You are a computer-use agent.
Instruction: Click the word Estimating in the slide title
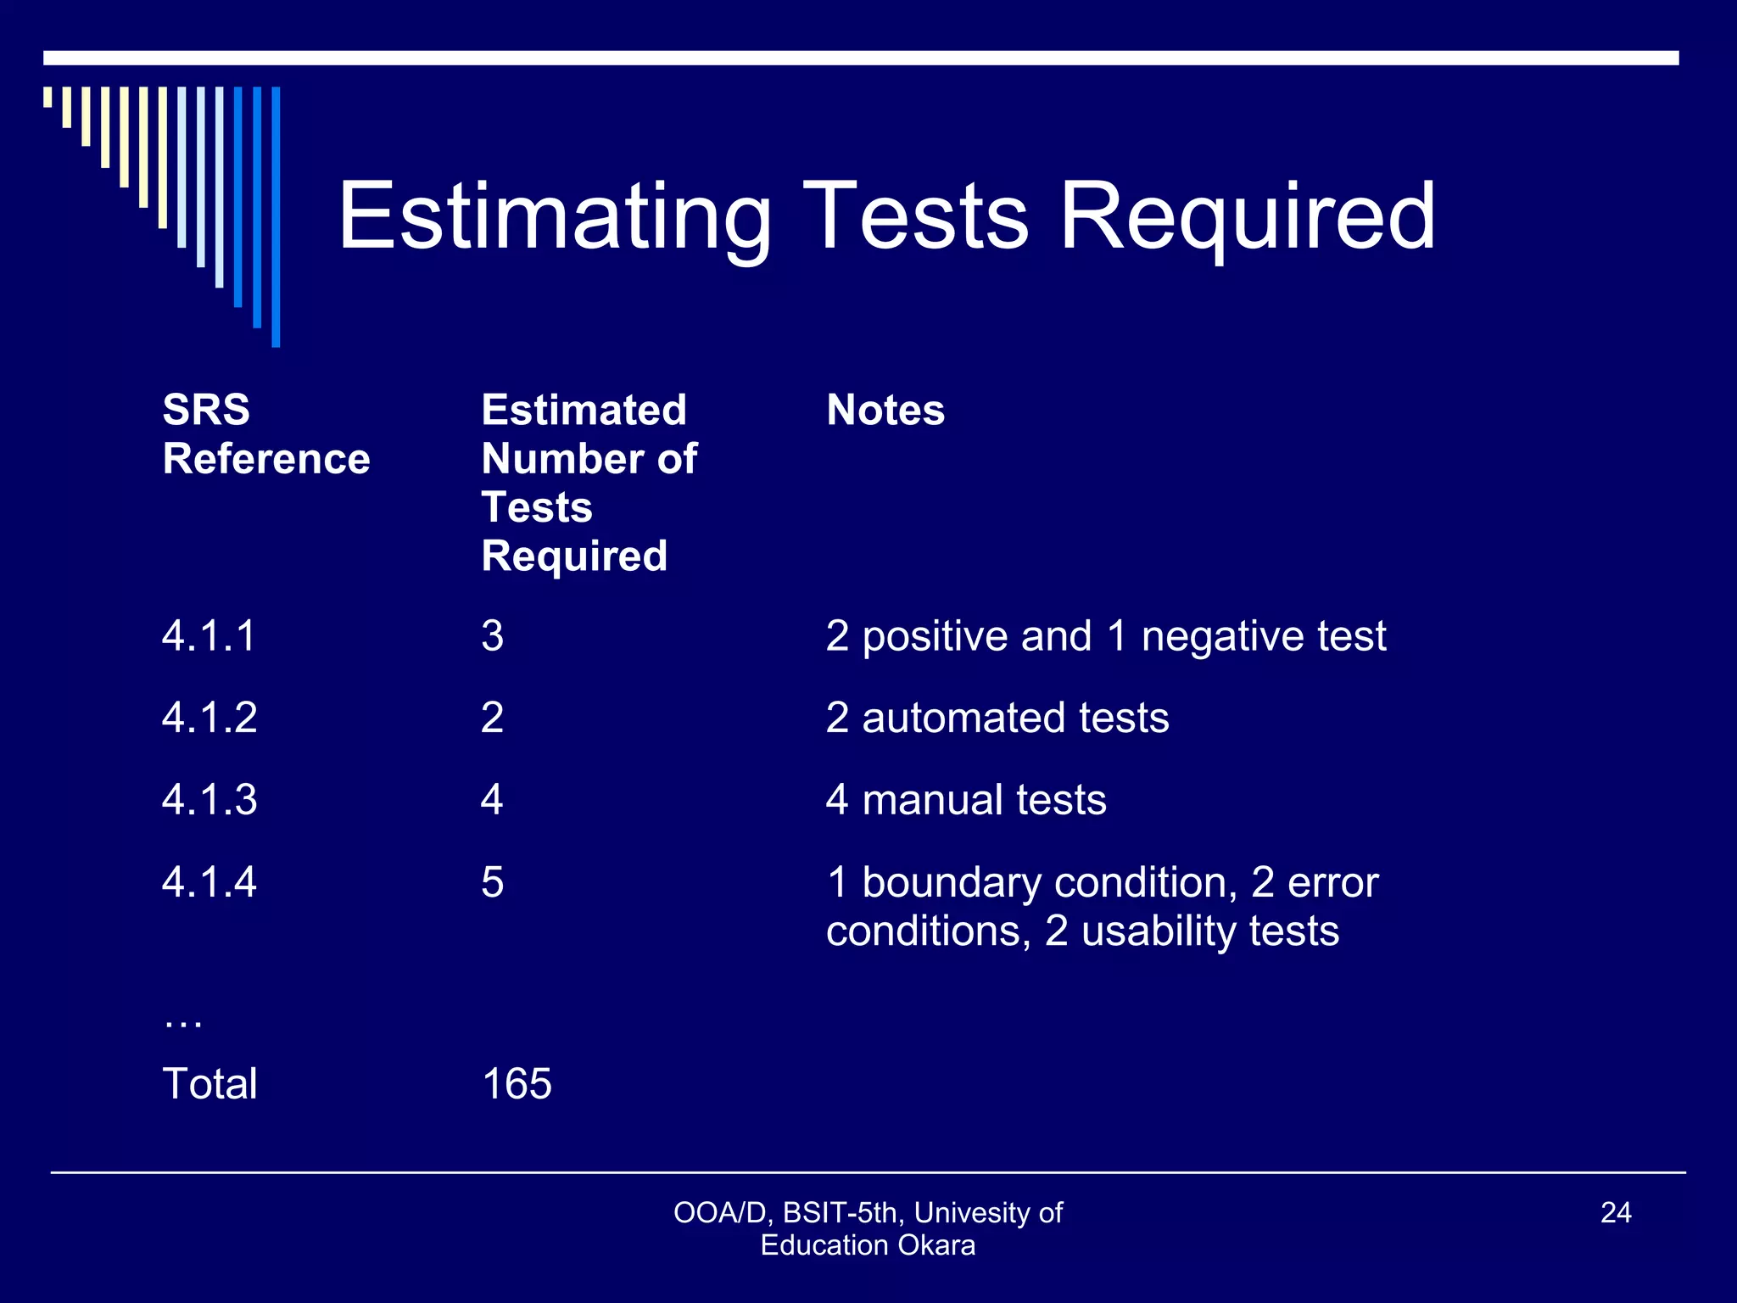[x=555, y=217]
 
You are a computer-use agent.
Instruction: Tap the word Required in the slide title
[x=1247, y=217]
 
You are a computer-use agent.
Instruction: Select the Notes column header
[x=885, y=411]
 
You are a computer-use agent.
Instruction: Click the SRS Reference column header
[x=265, y=434]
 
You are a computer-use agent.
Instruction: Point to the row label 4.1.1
[x=209, y=636]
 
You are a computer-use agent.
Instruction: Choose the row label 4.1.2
[x=209, y=719]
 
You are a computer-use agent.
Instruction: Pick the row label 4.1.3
[x=209, y=800]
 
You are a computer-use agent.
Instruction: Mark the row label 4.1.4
[x=209, y=882]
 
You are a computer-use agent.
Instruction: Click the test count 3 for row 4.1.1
[x=493, y=636]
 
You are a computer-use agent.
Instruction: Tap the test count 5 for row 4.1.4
[x=493, y=882]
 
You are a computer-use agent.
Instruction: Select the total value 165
[x=517, y=1084]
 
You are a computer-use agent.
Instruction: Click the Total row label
[x=209, y=1084]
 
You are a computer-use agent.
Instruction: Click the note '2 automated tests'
[x=997, y=719]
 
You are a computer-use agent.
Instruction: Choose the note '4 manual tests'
[x=966, y=800]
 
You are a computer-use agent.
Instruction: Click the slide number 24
[x=1616, y=1213]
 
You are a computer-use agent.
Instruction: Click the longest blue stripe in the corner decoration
[x=276, y=216]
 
